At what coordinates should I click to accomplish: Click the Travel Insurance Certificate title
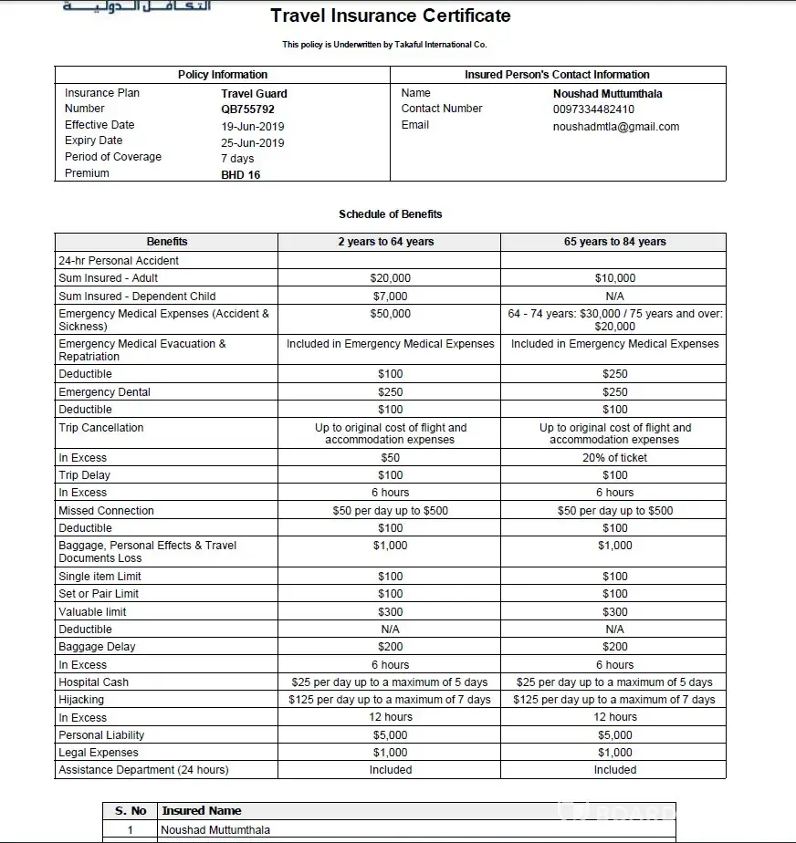391,16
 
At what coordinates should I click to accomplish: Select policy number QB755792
247,109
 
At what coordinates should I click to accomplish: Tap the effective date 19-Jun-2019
251,126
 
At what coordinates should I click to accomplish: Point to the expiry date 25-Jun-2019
252,142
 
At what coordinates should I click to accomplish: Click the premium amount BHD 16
240,174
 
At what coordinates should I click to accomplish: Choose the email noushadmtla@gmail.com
615,127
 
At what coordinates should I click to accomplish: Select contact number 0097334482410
593,109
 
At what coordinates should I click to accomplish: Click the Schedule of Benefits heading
390,214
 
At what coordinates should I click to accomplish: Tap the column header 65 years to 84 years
614,242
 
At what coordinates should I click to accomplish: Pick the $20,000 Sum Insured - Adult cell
390,278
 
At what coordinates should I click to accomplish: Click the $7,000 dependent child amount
390,297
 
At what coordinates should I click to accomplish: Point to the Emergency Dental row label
104,392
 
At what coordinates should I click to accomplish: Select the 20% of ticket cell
614,458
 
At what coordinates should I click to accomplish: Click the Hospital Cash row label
93,682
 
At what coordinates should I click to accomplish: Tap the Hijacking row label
81,700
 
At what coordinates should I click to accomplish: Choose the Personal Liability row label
101,735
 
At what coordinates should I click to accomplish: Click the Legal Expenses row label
99,753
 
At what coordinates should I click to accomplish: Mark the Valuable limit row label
92,612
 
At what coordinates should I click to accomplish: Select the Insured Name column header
201,810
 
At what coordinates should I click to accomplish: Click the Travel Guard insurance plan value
254,93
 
